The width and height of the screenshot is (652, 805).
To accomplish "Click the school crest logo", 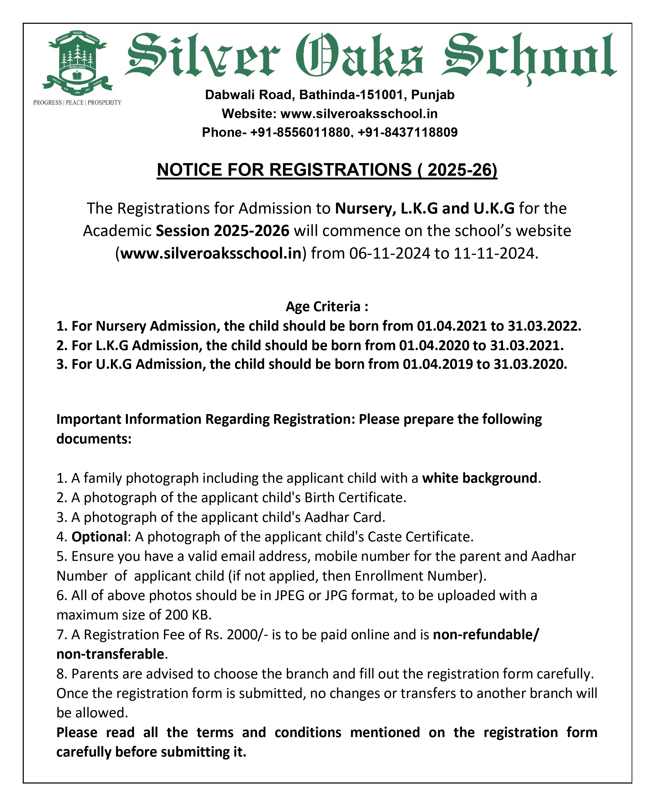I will pyautogui.click(x=77, y=62).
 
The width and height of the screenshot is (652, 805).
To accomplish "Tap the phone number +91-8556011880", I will pyautogui.click(x=300, y=132).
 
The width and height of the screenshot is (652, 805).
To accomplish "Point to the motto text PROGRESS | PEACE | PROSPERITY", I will pyautogui.click(x=77, y=103).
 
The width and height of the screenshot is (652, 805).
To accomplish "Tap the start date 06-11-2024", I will pyautogui.click(x=389, y=253).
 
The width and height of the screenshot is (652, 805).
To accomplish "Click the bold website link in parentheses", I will pyautogui.click(x=211, y=253).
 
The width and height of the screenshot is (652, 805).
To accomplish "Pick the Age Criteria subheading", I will pyautogui.click(x=327, y=306).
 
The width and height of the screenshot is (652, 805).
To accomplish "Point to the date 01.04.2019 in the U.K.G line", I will pyautogui.click(x=438, y=364).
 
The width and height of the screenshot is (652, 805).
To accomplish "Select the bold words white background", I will pyautogui.click(x=480, y=478).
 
